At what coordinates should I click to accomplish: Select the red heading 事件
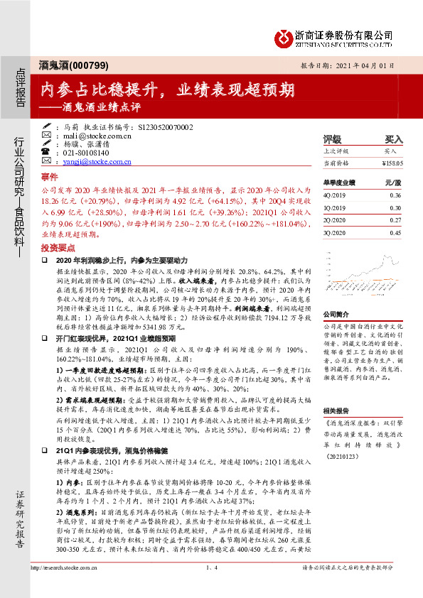(x=49, y=176)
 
